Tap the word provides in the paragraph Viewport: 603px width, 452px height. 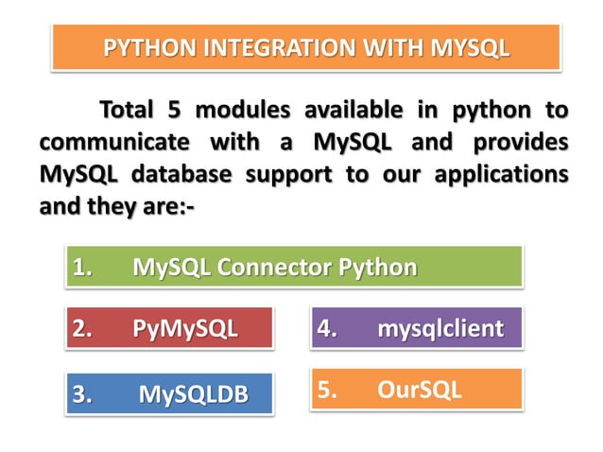(x=521, y=143)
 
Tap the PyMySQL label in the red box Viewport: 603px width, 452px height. (x=185, y=330)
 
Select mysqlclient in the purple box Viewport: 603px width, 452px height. (x=440, y=330)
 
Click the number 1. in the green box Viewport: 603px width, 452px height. (x=83, y=268)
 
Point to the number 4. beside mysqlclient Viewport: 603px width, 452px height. (x=328, y=330)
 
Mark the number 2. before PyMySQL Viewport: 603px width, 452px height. (x=83, y=330)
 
